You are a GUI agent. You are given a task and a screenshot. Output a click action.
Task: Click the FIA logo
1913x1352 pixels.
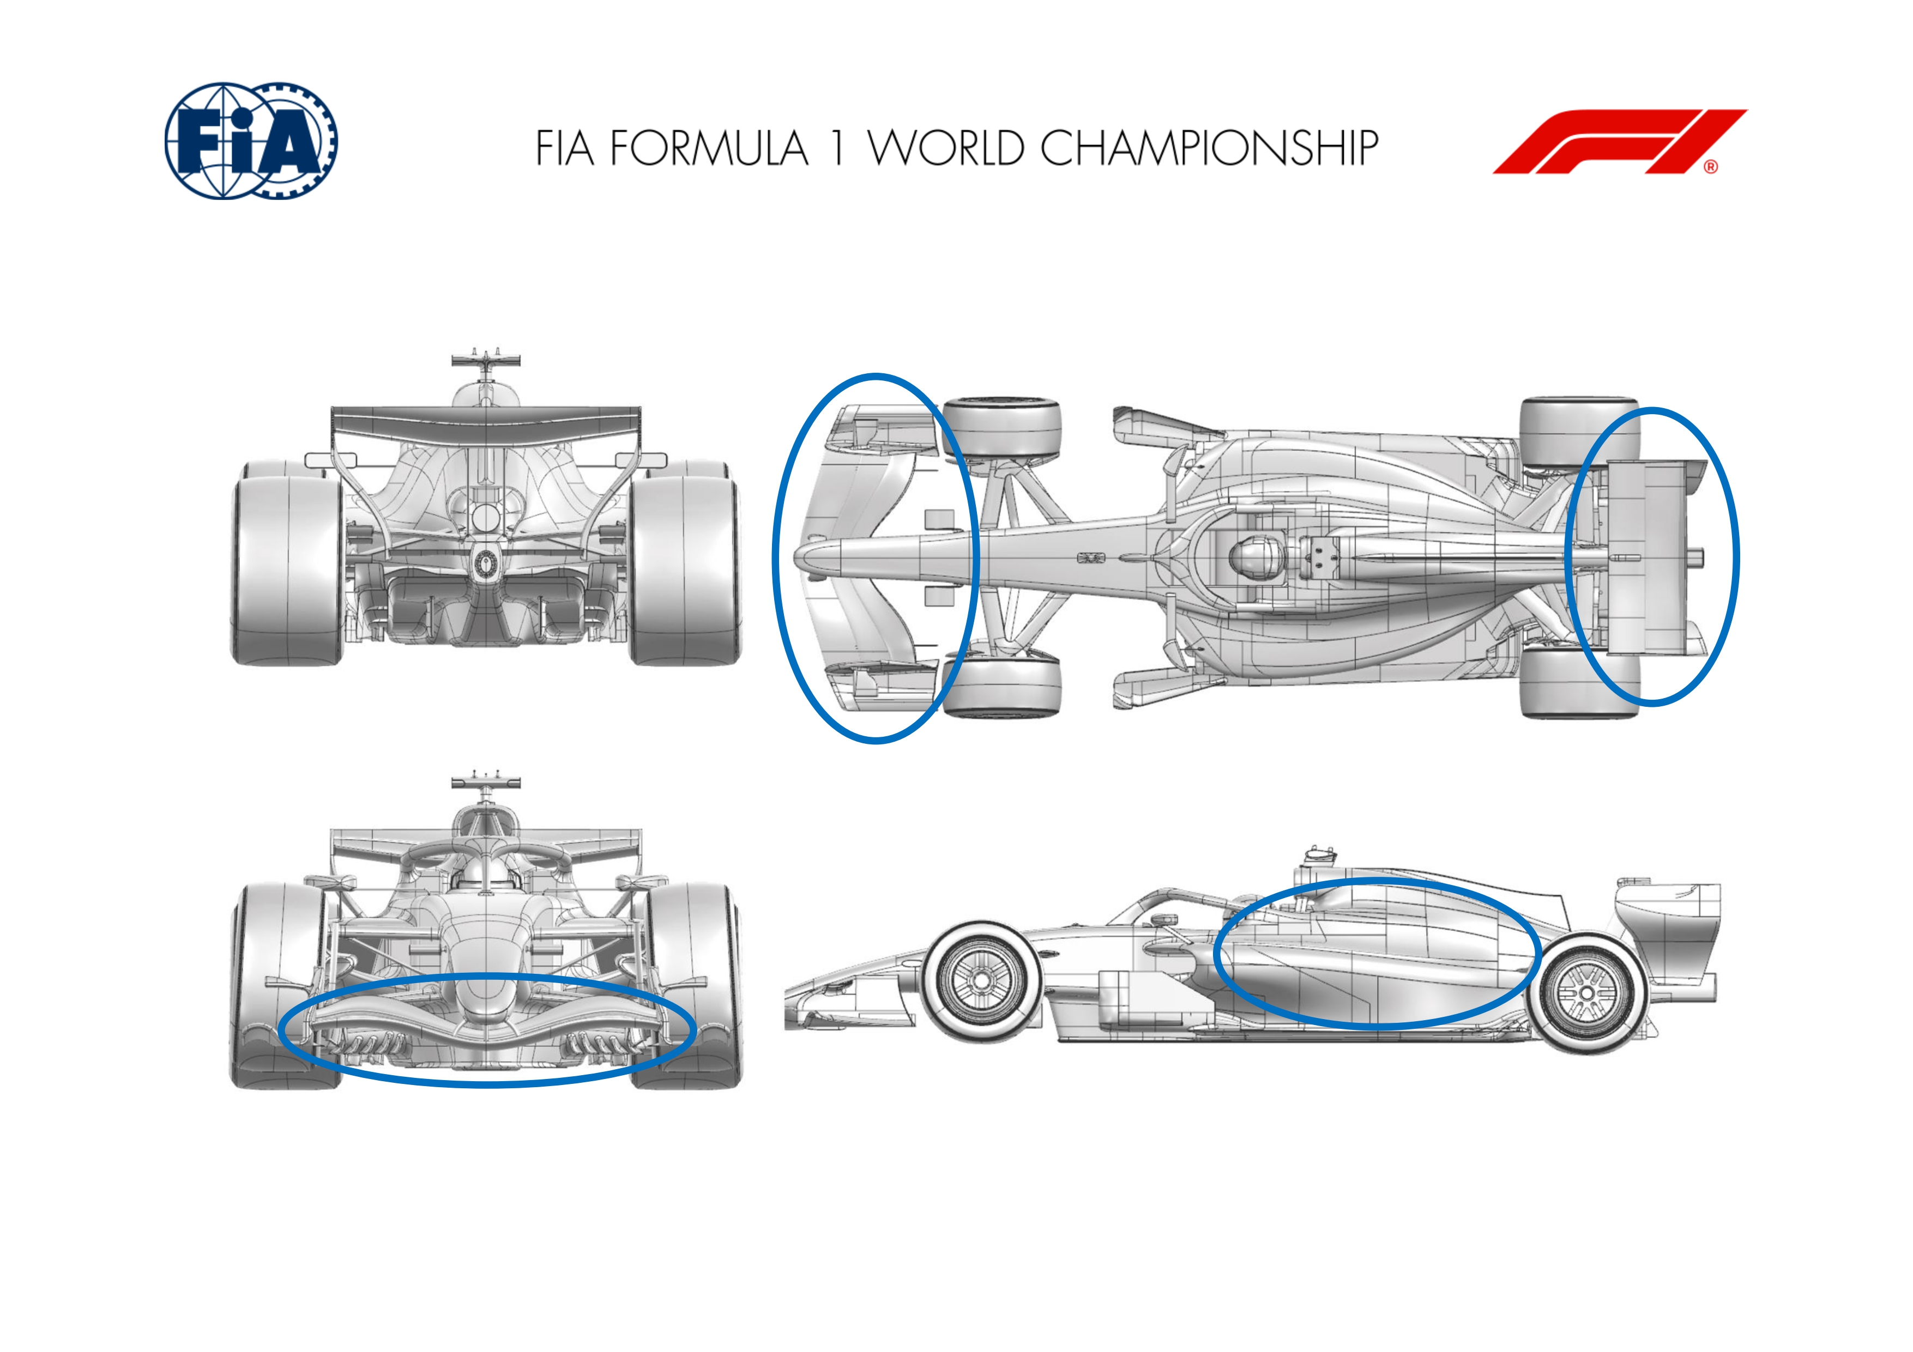[251, 140]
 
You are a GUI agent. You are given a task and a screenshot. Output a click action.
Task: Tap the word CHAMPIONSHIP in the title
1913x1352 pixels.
[1209, 148]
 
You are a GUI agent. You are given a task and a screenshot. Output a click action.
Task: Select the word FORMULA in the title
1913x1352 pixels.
[709, 148]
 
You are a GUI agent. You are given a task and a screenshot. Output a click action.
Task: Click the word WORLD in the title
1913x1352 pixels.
[946, 148]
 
